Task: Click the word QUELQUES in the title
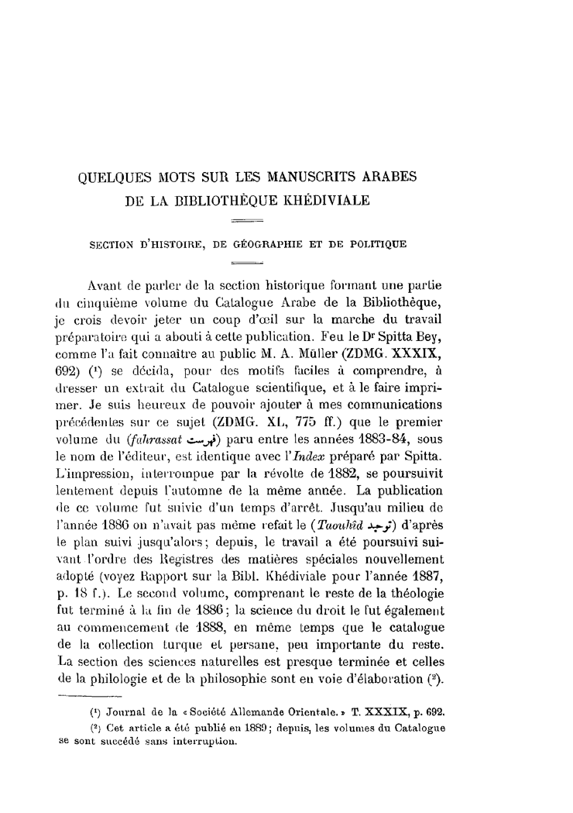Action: pyautogui.click(x=120, y=177)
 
